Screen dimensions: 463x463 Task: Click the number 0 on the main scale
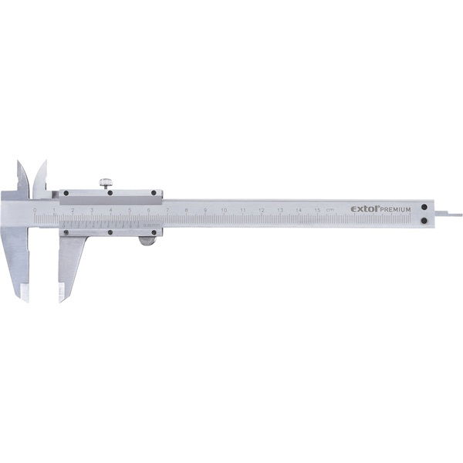pos(35,210)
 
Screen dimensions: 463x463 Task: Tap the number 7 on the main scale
pos(167,210)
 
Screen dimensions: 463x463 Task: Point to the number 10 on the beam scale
pos(224,210)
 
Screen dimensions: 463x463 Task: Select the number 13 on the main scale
pos(280,210)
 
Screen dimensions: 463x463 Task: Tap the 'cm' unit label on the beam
pos(330,210)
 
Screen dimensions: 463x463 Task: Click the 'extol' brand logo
pos(363,208)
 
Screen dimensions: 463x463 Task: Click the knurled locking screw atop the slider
pos(104,183)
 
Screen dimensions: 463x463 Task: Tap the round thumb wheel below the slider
pos(146,242)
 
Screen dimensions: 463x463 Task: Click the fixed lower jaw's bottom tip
pos(25,296)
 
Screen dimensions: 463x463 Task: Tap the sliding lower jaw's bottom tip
pos(62,296)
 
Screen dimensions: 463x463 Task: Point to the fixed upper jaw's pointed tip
pos(19,163)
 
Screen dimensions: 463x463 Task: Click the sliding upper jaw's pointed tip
pos(44,163)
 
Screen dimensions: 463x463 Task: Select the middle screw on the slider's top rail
pos(110,192)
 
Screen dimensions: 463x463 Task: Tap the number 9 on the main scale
pos(205,210)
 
